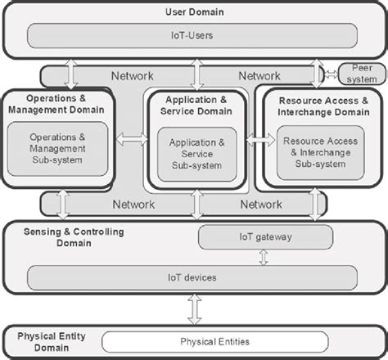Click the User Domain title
coord(194,13)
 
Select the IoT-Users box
coord(194,37)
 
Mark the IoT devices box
coord(194,277)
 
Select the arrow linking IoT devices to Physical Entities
coord(194,309)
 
